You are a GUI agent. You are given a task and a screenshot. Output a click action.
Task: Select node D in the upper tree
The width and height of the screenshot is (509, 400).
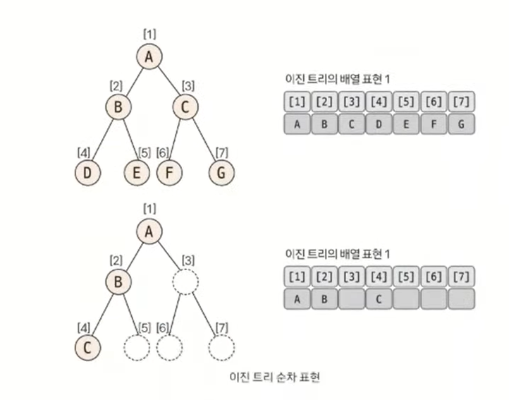click(87, 171)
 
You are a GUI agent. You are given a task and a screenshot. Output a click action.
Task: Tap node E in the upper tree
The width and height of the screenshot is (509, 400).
click(137, 171)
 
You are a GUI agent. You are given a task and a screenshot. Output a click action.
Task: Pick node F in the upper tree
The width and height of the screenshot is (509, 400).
click(169, 171)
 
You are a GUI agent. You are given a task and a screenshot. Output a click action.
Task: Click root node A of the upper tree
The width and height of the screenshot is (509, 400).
click(149, 58)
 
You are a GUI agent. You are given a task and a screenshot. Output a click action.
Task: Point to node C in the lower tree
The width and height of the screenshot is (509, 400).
click(87, 347)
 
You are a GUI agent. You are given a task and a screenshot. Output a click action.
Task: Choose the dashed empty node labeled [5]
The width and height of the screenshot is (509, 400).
click(137, 347)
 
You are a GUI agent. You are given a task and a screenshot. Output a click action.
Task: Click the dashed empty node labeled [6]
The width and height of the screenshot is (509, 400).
click(169, 347)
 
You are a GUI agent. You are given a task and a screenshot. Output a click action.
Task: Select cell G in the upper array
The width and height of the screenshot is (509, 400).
click(461, 123)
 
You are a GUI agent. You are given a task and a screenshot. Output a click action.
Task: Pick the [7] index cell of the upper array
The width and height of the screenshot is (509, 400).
click(461, 101)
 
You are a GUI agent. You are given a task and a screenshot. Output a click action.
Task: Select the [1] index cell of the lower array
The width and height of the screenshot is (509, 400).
click(298, 275)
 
